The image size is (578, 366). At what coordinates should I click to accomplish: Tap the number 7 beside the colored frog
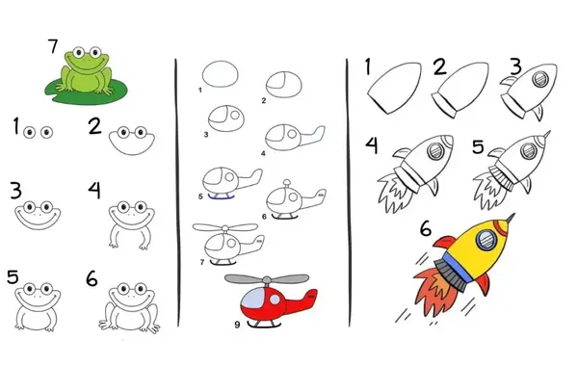click(53, 46)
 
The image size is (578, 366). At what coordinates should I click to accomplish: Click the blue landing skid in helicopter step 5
click(222, 196)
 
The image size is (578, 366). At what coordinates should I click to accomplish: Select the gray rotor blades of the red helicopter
click(267, 279)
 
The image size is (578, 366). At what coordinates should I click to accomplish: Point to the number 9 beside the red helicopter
click(237, 325)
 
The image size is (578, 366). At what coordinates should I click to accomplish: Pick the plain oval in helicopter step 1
click(220, 74)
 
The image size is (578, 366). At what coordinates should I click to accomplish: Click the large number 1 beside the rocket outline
click(367, 66)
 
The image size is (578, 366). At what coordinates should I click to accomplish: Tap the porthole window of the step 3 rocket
click(539, 79)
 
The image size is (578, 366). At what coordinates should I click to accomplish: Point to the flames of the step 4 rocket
click(394, 192)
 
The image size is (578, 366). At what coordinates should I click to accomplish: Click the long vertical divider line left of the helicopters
click(177, 193)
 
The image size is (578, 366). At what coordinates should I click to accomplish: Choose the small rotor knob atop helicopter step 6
click(287, 181)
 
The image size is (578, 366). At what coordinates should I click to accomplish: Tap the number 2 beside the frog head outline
click(95, 126)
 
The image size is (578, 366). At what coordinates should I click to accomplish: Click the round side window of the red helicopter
click(275, 300)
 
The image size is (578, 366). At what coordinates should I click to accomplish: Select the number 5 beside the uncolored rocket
click(478, 146)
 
